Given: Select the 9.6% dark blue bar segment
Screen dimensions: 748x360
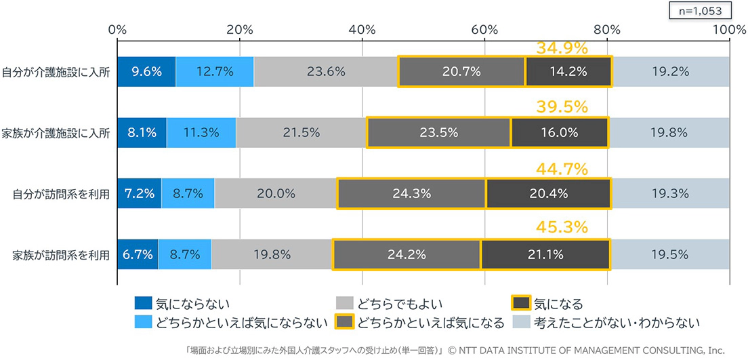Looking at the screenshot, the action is point(146,72).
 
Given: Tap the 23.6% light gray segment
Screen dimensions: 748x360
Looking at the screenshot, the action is point(326,72).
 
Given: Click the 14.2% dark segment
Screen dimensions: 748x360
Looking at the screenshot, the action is point(568,72).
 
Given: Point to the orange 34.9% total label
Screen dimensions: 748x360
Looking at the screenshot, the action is point(562,48).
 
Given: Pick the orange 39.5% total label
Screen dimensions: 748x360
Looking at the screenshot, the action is point(562,107).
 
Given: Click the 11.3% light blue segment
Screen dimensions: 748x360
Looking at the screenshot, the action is point(201,133).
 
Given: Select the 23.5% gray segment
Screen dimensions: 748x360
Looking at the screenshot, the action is point(439,133).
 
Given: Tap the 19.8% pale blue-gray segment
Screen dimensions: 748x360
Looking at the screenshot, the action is point(669,133).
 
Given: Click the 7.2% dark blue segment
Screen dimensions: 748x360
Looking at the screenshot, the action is point(140,193).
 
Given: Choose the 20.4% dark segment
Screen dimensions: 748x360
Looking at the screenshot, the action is point(549,193).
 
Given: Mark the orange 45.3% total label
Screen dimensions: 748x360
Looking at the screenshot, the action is point(562,228).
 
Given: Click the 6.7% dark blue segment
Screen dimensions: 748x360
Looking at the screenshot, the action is point(138,254).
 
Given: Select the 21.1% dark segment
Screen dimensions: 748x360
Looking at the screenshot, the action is point(545,254).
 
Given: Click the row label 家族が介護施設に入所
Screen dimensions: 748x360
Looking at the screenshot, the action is point(56,133).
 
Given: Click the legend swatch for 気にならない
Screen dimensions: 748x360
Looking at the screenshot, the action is point(143,303).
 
